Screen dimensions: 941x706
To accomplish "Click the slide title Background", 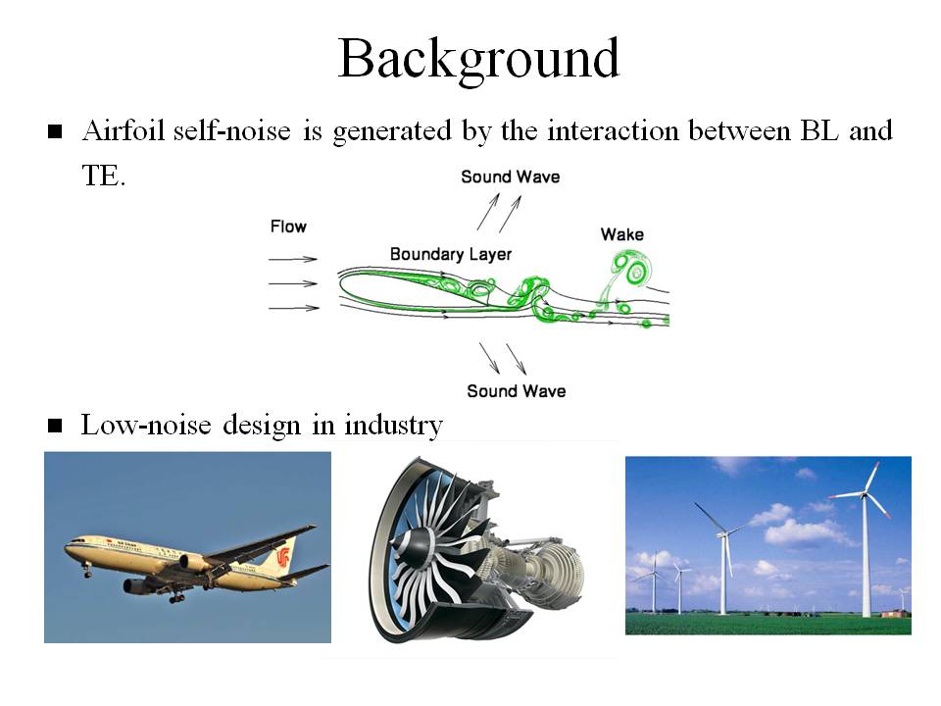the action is click(478, 60).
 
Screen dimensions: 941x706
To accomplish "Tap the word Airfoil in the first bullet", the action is click(124, 130).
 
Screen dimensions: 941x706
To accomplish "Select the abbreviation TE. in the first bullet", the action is click(104, 176).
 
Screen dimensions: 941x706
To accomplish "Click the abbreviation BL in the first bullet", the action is click(818, 130).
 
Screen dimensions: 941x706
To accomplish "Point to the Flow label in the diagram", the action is click(288, 227).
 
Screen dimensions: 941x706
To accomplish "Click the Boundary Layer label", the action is click(451, 254).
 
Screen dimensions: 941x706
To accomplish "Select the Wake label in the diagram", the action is click(622, 234).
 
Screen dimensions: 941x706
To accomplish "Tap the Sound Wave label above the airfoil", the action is click(510, 176).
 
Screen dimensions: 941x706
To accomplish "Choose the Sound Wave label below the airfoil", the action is click(517, 391).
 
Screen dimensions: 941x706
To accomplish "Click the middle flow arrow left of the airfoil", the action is click(293, 283).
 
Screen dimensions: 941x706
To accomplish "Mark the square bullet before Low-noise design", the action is click(55, 426).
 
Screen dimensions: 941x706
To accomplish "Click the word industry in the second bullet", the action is click(393, 425).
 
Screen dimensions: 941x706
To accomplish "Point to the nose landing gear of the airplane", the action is click(87, 570).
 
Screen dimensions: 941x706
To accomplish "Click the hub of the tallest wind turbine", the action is click(864, 494).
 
